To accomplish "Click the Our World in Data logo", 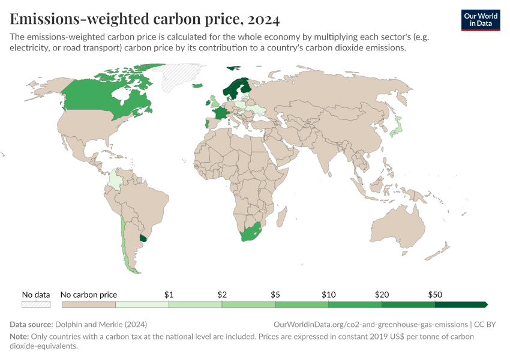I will (x=480, y=20).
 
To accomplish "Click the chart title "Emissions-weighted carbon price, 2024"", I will (x=145, y=19).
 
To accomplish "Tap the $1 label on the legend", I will (x=169, y=295).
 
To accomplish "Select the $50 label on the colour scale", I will (x=435, y=295).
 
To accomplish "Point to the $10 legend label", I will (x=328, y=295).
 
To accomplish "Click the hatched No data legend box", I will (x=36, y=305).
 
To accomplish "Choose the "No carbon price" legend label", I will (x=89, y=295).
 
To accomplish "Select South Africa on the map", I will (x=250, y=233).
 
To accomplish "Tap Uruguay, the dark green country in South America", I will (x=143, y=238).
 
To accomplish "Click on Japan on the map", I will (x=395, y=127).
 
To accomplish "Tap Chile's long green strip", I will (x=124, y=240).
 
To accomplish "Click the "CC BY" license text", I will (x=485, y=325).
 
